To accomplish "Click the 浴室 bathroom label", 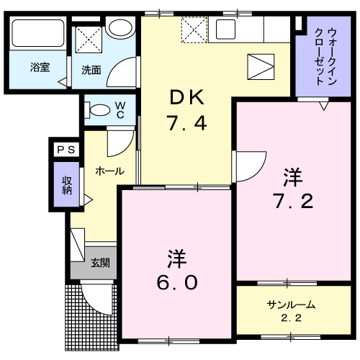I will [x=39, y=68].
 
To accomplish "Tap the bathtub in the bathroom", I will [x=37, y=35].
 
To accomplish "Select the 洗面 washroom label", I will [x=91, y=70].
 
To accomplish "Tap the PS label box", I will [x=66, y=149].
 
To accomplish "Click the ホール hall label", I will [x=109, y=171].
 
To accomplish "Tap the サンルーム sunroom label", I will [x=291, y=305].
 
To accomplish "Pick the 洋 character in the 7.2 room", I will [x=292, y=176].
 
